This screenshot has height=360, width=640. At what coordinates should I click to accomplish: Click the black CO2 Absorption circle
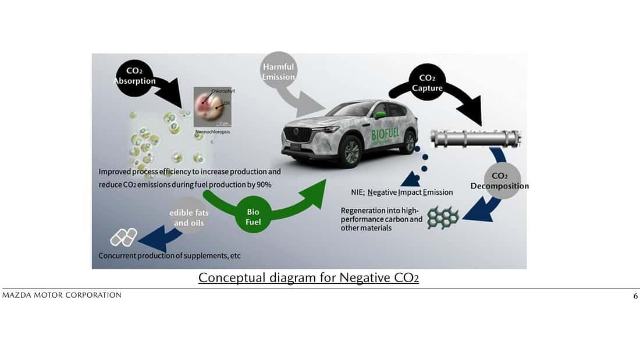click(134, 76)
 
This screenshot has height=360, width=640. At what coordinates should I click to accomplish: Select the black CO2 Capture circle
click(431, 83)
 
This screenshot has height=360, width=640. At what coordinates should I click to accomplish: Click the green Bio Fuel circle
click(254, 217)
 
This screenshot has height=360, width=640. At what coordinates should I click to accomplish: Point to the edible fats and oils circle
click(189, 218)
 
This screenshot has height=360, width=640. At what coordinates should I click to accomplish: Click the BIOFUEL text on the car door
click(387, 135)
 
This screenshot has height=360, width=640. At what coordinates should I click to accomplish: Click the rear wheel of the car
click(409, 142)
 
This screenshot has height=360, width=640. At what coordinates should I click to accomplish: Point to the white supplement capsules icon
click(123, 237)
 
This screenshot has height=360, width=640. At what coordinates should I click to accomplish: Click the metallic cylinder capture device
click(475, 138)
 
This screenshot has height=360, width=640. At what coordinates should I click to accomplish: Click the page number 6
click(635, 296)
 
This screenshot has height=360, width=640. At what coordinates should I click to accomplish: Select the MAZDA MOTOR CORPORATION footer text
click(62, 295)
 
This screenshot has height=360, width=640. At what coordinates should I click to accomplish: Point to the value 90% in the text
click(264, 184)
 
